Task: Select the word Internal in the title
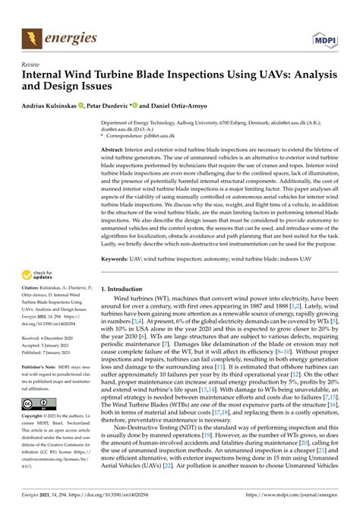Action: pyautogui.click(x=50, y=77)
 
